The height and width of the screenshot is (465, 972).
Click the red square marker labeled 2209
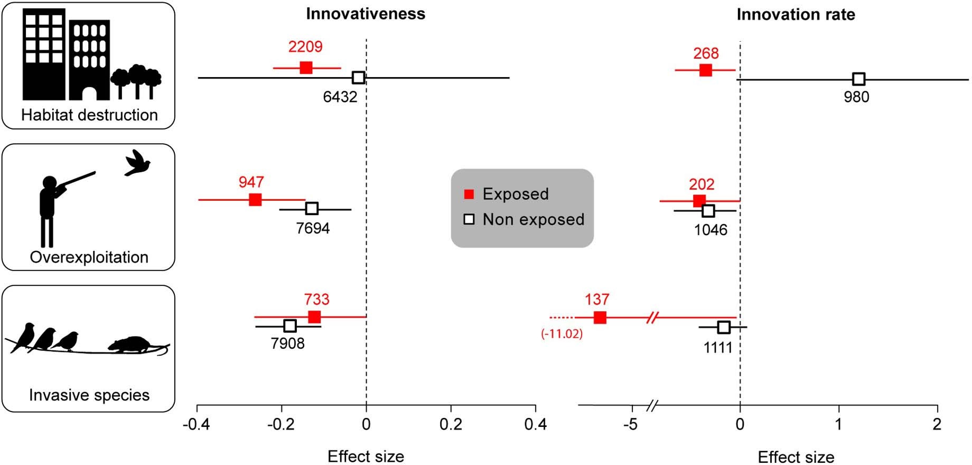coord(306,68)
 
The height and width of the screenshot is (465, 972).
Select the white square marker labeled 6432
coord(358,78)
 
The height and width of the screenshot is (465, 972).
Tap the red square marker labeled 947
coord(255,200)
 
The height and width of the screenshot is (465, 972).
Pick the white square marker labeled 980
coord(859,79)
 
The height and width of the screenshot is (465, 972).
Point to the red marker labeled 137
coord(600,318)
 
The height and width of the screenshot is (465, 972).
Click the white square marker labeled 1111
coord(724,327)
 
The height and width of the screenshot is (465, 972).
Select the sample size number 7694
coord(313,228)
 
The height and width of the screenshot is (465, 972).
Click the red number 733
coord(316,300)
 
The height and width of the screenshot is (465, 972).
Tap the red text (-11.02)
coord(562,334)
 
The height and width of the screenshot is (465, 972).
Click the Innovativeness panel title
coord(366,14)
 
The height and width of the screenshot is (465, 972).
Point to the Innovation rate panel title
coord(796,15)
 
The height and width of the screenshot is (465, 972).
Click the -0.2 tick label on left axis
coord(281,424)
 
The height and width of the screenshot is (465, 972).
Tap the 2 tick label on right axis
coord(937,424)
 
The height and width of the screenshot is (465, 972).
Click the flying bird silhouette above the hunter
coord(138,163)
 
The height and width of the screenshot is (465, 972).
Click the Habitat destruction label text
coord(89,115)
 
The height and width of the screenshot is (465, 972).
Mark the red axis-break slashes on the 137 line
coord(653,318)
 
